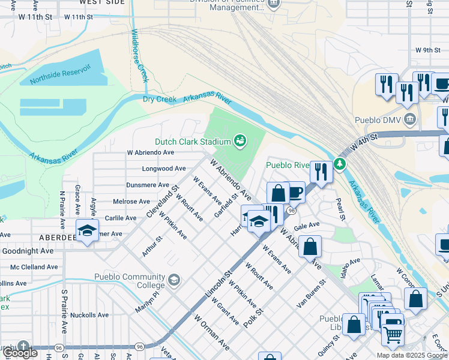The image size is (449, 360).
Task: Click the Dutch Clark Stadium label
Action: point(193,142)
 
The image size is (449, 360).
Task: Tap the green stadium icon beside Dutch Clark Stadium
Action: point(240,140)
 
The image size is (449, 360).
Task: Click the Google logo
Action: point(21,353)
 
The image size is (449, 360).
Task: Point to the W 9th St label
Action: point(428,50)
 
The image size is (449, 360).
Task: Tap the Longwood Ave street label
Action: point(164,169)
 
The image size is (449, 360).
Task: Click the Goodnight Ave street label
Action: point(28,251)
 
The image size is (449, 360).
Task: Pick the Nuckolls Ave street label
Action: point(89,314)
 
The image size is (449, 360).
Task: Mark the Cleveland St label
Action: point(161,203)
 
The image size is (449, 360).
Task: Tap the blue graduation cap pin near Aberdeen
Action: point(87,230)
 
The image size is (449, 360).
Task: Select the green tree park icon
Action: point(340,163)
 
